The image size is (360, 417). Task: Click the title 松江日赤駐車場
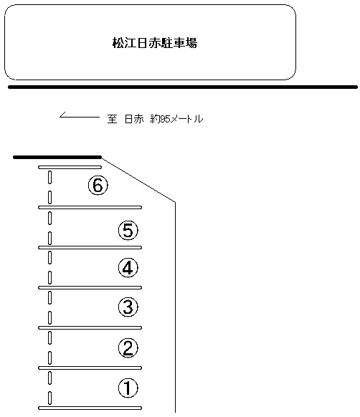click(155, 43)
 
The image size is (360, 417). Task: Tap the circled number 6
click(98, 185)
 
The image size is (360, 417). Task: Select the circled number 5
click(128, 230)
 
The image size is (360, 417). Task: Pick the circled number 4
click(128, 268)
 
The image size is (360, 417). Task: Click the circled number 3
click(128, 307)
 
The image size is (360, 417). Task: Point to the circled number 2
click(128, 347)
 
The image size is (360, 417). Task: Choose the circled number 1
click(128, 388)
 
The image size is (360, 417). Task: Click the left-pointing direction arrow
click(80, 117)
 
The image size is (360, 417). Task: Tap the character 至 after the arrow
click(112, 119)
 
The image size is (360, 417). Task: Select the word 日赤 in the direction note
click(134, 119)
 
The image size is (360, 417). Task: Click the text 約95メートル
click(177, 119)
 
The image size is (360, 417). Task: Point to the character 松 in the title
click(118, 43)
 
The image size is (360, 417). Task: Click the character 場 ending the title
click(191, 43)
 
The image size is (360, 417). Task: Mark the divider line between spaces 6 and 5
click(90, 208)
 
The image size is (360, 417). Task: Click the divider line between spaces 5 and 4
click(90, 248)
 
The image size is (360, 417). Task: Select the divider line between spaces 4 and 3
click(90, 288)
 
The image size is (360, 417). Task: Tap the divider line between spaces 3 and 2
click(90, 328)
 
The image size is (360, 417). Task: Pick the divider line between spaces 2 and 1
click(90, 368)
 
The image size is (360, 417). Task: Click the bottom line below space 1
click(90, 408)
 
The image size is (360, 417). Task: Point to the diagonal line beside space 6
click(138, 180)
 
